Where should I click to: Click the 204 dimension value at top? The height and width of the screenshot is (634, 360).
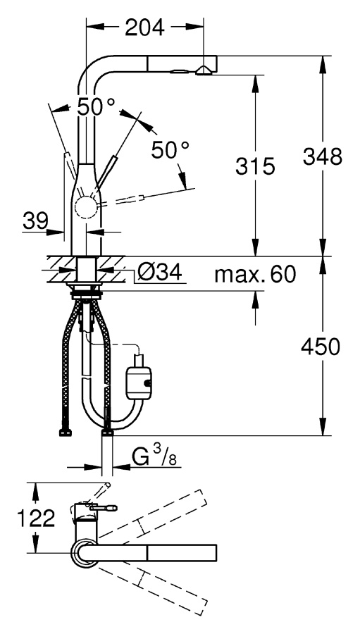tap(145, 27)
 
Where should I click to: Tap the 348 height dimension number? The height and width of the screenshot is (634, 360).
tap(323, 156)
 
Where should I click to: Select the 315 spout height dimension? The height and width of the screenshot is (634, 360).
tap(255, 166)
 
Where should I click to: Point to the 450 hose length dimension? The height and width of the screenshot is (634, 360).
tap(321, 347)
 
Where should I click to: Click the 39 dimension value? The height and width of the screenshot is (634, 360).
tap(35, 220)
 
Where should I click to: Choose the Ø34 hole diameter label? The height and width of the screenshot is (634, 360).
tap(159, 273)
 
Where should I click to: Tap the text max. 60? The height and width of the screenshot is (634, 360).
tap(255, 275)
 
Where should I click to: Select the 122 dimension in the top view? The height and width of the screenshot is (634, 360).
tap(36, 518)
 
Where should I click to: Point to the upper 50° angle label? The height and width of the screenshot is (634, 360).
tap(96, 107)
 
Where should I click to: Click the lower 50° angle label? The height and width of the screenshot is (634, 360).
tap(170, 150)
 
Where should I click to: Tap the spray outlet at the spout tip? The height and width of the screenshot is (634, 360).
tap(204, 72)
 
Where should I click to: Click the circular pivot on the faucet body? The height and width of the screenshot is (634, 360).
tap(86, 209)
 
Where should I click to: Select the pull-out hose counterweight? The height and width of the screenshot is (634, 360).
tap(139, 381)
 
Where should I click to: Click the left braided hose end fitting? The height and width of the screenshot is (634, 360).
tap(65, 432)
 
